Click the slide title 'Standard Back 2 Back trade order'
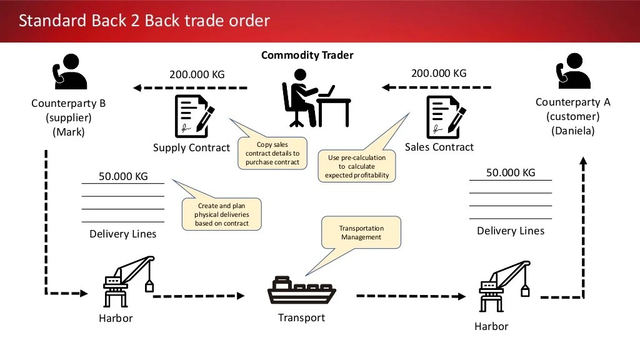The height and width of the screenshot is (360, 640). click(x=144, y=21)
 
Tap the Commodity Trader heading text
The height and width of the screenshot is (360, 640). click(x=307, y=56)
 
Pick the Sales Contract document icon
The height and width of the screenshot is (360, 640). click(x=445, y=116)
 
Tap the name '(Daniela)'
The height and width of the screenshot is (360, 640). click(x=572, y=131)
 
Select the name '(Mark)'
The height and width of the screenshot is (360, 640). click(x=68, y=132)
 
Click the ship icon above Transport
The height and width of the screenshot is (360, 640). click(x=302, y=291)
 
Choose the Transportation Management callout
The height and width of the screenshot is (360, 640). click(x=361, y=232)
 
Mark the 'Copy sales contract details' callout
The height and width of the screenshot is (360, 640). click(x=272, y=154)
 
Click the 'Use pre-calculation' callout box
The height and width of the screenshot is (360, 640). click(x=357, y=166)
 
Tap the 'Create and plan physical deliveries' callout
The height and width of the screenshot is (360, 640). click(x=221, y=214)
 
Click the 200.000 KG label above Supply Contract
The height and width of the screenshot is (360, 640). click(x=197, y=75)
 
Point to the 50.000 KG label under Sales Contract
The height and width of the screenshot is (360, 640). click(x=511, y=172)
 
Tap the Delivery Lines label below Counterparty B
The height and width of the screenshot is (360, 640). click(x=123, y=234)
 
